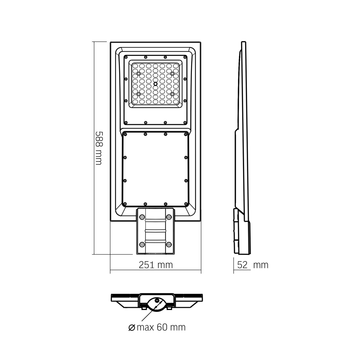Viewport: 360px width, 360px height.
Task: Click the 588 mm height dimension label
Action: pyautogui.click(x=98, y=148)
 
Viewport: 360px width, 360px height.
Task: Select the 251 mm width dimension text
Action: pyautogui.click(x=156, y=265)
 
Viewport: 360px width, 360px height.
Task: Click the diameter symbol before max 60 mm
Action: pyautogui.click(x=131, y=328)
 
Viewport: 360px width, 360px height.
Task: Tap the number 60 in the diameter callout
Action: pyautogui.click(x=162, y=327)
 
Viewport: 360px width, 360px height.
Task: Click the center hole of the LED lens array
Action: pyautogui.click(x=155, y=84)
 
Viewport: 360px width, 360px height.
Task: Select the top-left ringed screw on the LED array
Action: pyautogui.click(x=138, y=74)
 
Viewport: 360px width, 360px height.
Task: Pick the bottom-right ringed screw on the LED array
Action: pyautogui.click(x=172, y=94)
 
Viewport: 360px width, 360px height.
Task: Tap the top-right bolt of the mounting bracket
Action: pyautogui.click(x=169, y=217)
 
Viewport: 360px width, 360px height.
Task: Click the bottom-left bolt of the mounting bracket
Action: pyautogui.click(x=142, y=244)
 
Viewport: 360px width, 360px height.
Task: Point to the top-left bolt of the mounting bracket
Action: pyautogui.click(x=142, y=217)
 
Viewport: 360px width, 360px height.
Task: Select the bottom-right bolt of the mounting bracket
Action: pyautogui.click(x=169, y=244)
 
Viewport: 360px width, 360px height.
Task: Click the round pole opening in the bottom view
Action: pyautogui.click(x=156, y=303)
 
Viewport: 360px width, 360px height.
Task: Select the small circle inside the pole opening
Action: pyautogui.click(x=157, y=301)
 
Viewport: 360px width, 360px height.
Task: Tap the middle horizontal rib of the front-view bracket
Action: pyautogui.click(x=155, y=230)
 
